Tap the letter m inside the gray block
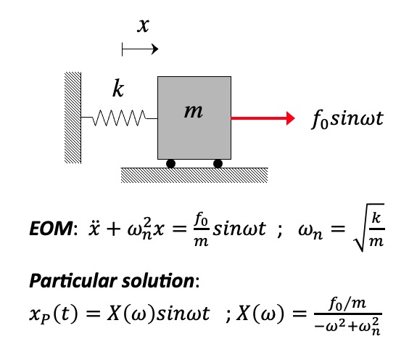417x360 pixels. (x=193, y=112)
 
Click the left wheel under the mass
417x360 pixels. (x=171, y=163)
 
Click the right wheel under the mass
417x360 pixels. (x=218, y=163)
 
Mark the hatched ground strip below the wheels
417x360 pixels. (x=194, y=174)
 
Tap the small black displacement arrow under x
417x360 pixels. (x=139, y=50)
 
